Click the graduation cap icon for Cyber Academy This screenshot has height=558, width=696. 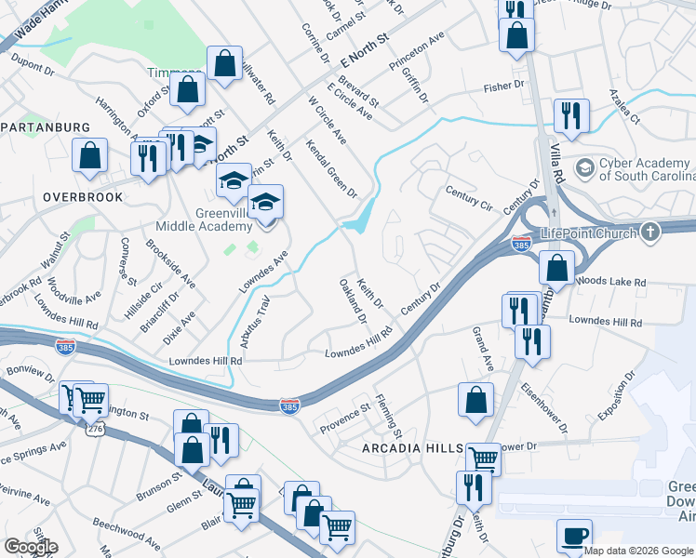pyautogui.click(x=584, y=168)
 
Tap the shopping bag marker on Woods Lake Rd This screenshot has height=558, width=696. pyautogui.click(x=556, y=269)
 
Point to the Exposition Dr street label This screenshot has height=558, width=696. pyautogui.click(x=617, y=396)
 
